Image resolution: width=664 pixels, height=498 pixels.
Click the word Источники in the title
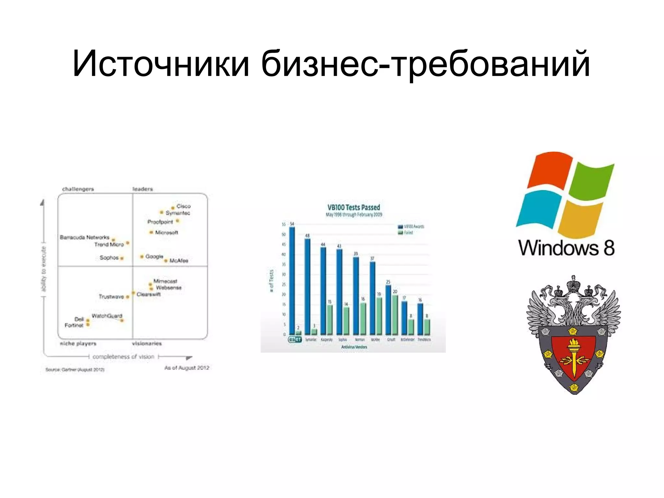(161, 64)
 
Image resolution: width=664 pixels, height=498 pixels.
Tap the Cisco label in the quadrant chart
(184, 206)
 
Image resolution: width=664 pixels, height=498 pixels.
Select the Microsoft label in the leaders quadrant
(166, 233)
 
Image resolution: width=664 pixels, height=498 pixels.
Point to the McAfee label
(179, 261)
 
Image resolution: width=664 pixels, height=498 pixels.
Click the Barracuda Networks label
(85, 237)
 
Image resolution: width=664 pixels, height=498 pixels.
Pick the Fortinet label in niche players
(74, 325)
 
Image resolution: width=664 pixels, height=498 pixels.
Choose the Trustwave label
(111, 297)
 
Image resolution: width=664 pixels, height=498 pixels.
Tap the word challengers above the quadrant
(78, 189)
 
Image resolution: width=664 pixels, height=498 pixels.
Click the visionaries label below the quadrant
(147, 343)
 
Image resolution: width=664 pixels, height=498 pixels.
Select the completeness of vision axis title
(123, 357)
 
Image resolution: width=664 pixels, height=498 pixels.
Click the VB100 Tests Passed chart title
(353, 208)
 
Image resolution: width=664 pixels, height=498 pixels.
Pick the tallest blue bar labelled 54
(292, 281)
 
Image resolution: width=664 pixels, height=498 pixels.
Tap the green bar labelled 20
(395, 315)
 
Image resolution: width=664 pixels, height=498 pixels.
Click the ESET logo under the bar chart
(295, 340)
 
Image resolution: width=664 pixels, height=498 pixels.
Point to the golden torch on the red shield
(574, 357)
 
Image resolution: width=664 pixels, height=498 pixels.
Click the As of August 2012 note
(187, 368)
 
